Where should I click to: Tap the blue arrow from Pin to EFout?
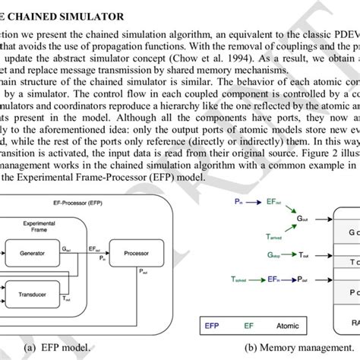(254, 201)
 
